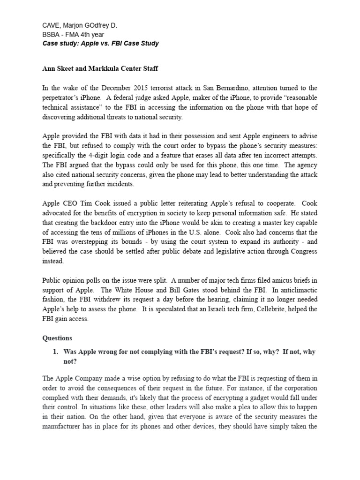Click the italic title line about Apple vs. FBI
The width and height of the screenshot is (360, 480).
tap(100, 44)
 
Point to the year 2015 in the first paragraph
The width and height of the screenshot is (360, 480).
tap(137, 88)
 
